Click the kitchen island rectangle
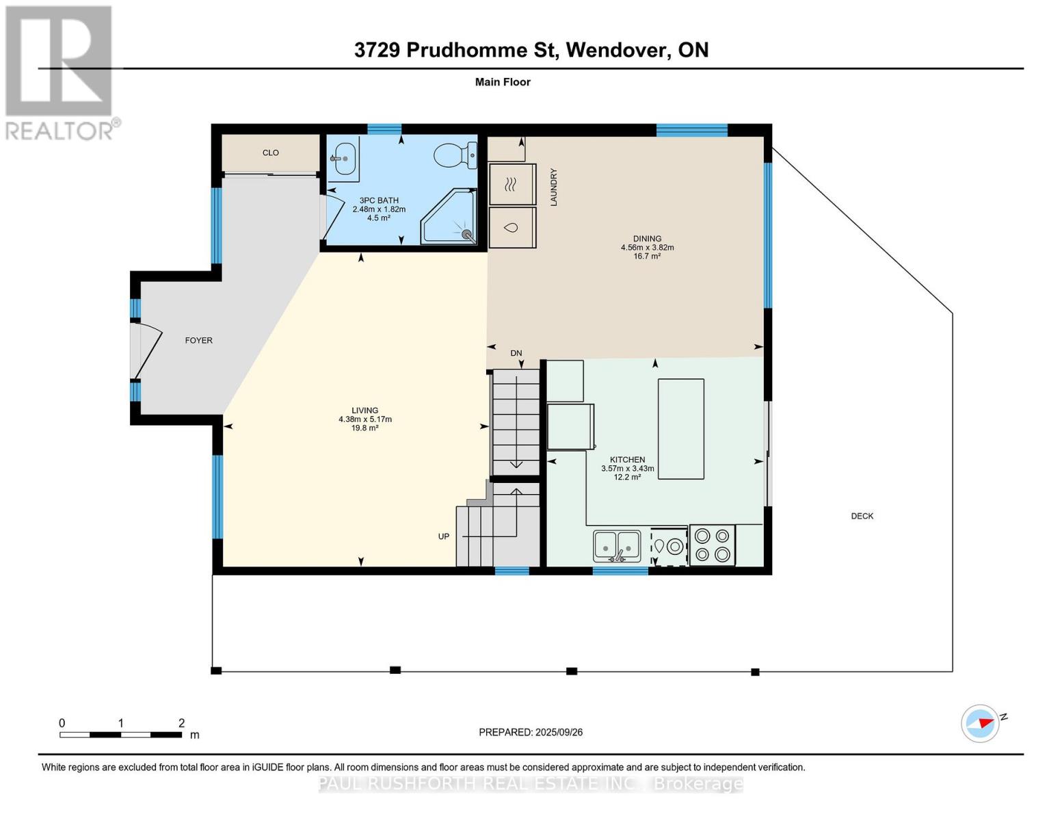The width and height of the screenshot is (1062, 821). (x=680, y=428)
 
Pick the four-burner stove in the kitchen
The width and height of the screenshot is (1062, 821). (x=712, y=545)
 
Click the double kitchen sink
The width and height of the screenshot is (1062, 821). (x=617, y=545)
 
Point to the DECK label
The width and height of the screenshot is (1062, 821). (x=862, y=516)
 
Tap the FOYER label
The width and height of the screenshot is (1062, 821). (x=198, y=340)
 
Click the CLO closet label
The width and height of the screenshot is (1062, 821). (x=270, y=153)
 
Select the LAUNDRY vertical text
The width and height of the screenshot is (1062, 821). (x=554, y=187)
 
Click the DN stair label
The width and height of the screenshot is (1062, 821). (x=516, y=353)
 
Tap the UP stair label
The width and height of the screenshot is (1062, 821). (x=444, y=536)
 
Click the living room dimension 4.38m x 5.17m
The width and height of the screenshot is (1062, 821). (x=365, y=419)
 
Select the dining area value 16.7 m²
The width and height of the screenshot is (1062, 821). (x=647, y=257)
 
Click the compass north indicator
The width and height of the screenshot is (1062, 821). (x=981, y=722)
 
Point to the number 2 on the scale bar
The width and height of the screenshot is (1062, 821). (x=181, y=723)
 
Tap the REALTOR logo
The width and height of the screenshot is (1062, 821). (x=60, y=72)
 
